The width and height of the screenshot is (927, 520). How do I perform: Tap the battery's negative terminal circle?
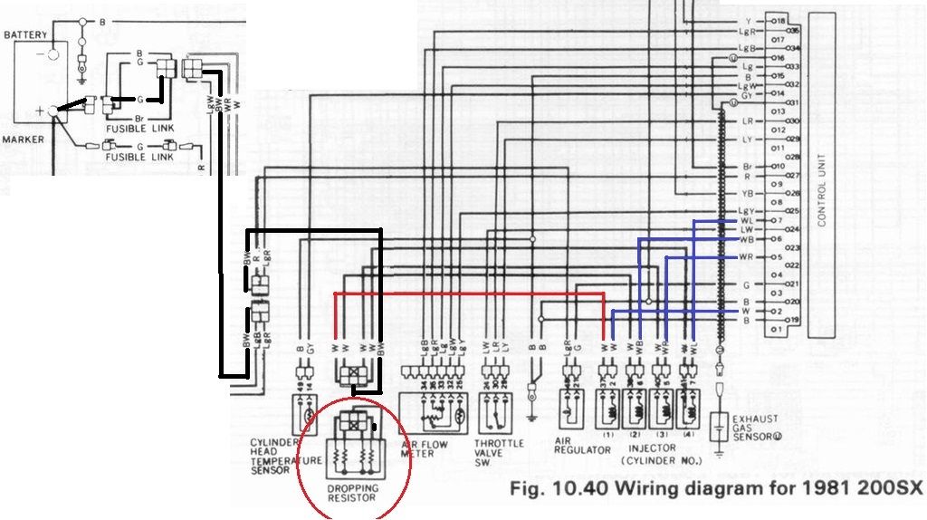coord(51,53)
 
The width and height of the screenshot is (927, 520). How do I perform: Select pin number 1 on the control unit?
coord(775,330)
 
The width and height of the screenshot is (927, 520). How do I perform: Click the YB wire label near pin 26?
coord(747,194)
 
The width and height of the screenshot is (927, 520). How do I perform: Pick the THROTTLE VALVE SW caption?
coord(497,449)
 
